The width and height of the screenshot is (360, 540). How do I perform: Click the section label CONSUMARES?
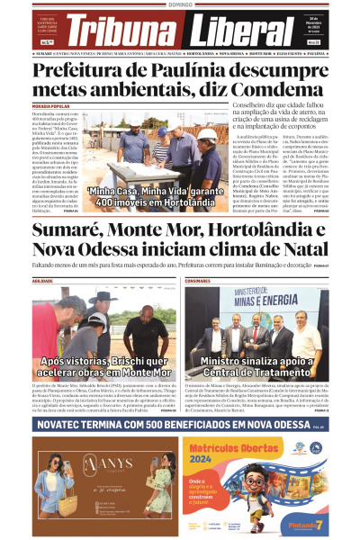pyautogui.click(x=198, y=282)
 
